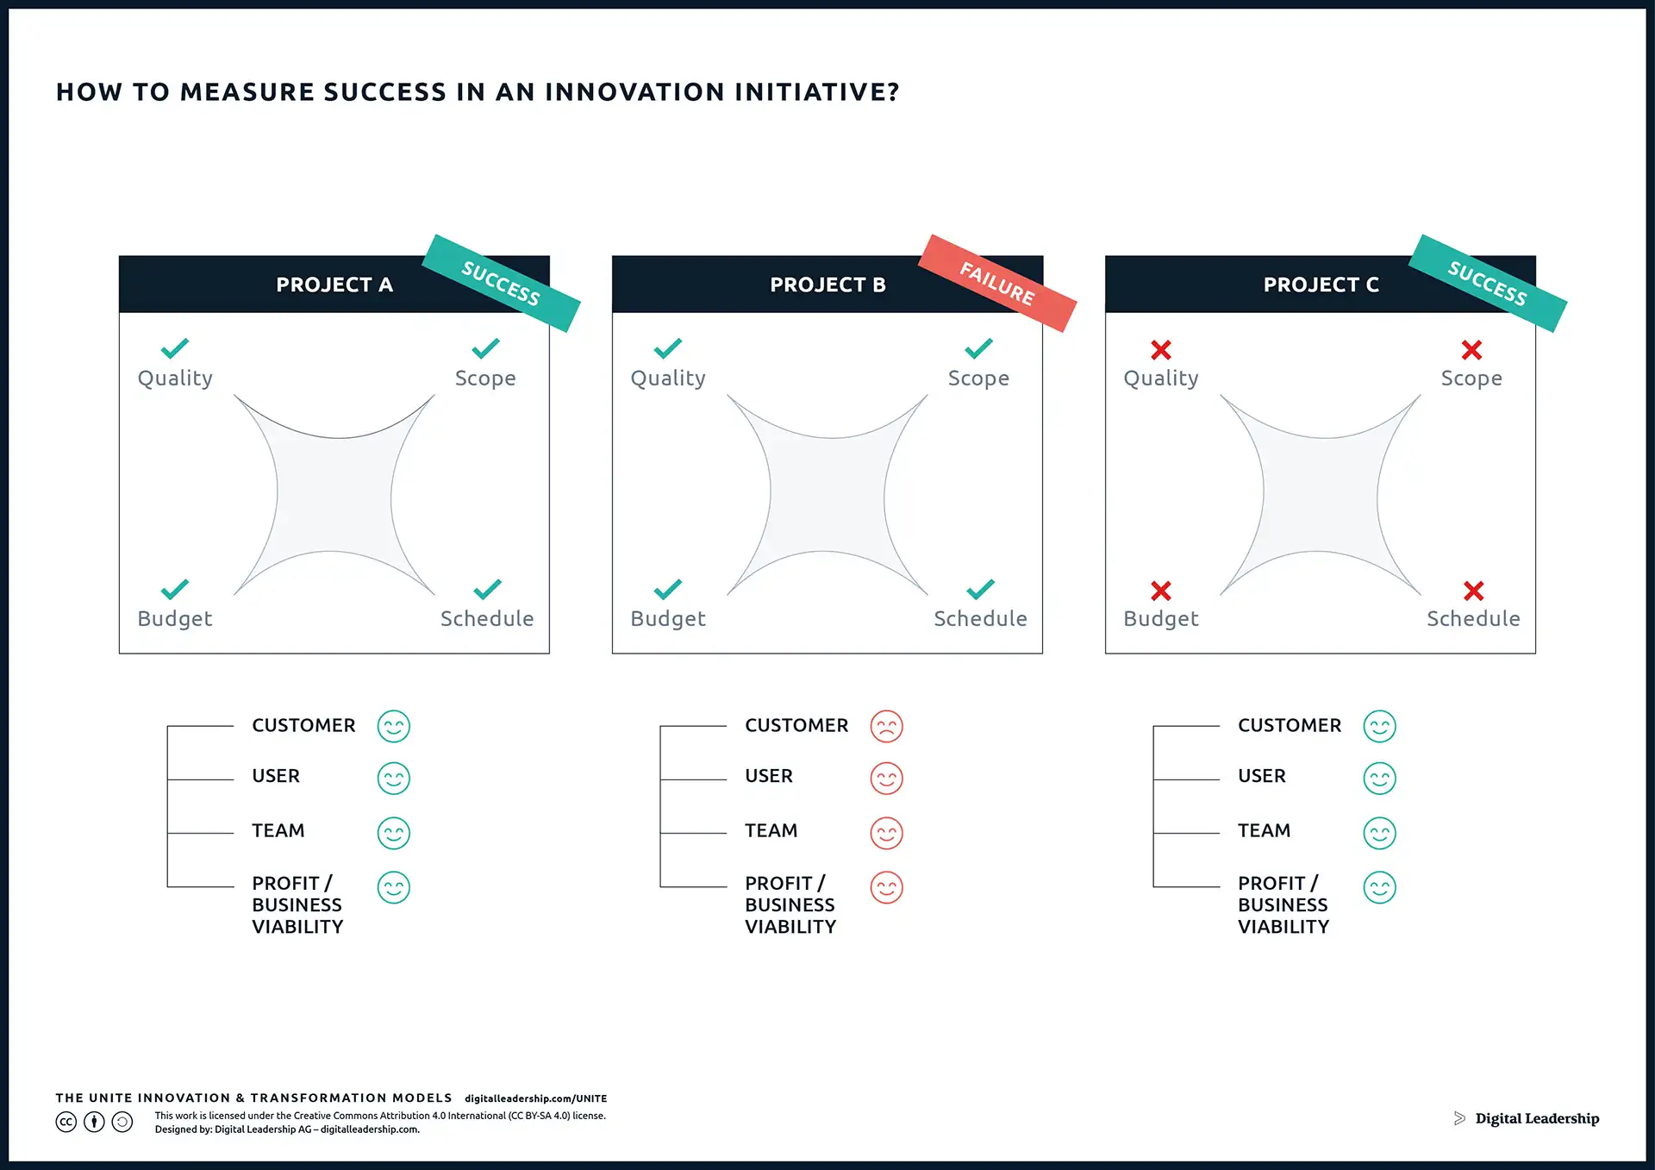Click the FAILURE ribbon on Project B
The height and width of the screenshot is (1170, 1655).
[997, 283]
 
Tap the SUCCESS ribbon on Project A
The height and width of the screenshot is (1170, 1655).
[501, 283]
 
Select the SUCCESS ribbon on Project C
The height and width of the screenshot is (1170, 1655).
[1488, 283]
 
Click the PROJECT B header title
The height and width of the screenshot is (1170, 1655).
[827, 285]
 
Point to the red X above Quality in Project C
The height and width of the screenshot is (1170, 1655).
[1161, 349]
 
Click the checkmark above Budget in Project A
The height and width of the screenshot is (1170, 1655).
[174, 589]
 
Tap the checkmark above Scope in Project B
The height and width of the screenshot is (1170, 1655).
[978, 348]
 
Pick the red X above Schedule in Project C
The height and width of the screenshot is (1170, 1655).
[1473, 591]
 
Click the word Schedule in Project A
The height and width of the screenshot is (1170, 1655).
[487, 618]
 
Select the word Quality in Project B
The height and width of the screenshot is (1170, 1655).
[668, 379]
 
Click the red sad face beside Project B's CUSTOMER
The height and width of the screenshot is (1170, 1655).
[886, 726]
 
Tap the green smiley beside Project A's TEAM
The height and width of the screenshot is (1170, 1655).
[394, 833]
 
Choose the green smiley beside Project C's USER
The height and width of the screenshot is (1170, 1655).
[1379, 779]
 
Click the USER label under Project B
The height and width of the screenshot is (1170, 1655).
[769, 776]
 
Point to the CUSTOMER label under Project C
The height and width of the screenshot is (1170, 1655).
[1290, 725]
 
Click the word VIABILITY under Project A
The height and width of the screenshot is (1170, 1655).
[297, 927]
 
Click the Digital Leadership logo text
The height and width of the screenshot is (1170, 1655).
[1537, 1118]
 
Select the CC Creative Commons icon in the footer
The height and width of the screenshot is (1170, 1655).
[66, 1122]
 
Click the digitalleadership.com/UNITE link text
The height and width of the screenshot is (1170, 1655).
[536, 1098]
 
